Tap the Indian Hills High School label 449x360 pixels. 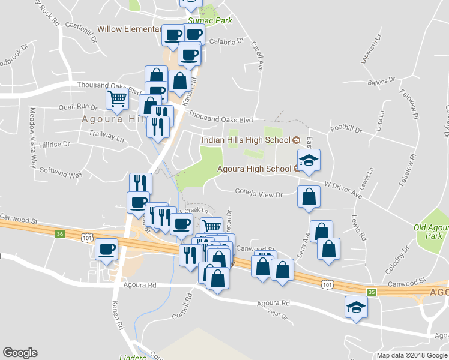coord(246,140)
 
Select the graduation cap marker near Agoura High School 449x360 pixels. coord(309,161)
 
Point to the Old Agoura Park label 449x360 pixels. coord(431,232)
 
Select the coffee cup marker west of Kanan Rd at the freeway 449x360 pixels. coord(107,249)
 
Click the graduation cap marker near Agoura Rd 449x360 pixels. coord(356,307)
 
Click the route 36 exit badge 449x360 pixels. coord(59,233)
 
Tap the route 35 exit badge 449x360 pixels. coord(372,292)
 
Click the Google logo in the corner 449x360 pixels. coord(20,352)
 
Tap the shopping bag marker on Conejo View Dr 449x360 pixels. coord(309,197)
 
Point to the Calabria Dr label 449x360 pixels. coord(225,41)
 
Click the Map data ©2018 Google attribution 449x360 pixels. coord(412,355)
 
